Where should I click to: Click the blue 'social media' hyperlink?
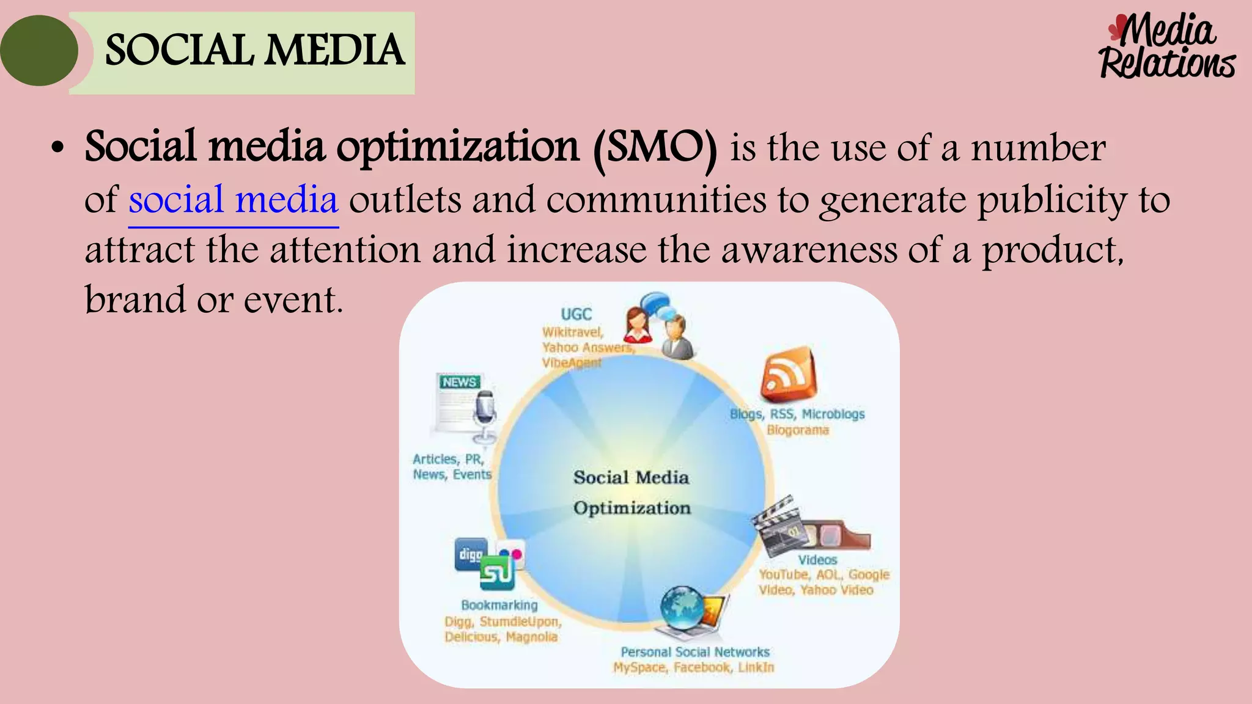click(233, 200)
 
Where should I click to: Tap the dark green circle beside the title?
click(39, 51)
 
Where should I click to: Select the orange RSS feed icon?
click(789, 373)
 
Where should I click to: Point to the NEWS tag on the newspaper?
click(460, 382)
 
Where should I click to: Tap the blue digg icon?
click(471, 554)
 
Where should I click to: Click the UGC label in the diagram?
click(576, 314)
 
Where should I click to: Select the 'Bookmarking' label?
click(499, 605)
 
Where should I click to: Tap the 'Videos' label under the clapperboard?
click(817, 560)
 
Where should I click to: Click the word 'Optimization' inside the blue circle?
click(632, 508)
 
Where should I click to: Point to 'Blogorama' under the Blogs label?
click(798, 430)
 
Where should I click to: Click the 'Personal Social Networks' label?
click(695, 652)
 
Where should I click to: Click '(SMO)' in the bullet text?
click(655, 147)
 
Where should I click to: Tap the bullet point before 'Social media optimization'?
click(57, 148)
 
